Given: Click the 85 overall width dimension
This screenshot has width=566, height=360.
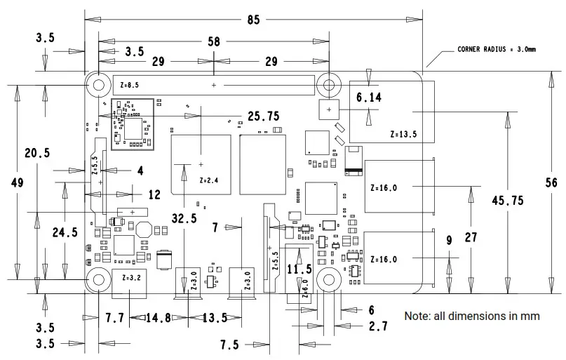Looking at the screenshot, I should click(x=253, y=20).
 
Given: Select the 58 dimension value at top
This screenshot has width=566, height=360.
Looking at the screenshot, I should click(x=213, y=42).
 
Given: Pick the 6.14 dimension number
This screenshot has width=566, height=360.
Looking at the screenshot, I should click(x=369, y=98).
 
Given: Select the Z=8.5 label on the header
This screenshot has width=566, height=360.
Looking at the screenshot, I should click(x=130, y=85).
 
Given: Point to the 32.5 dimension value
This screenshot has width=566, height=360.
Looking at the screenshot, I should click(x=184, y=218).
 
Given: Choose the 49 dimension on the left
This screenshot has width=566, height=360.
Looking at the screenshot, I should click(x=18, y=182).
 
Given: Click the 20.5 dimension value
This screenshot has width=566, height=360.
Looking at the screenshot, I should click(x=36, y=153).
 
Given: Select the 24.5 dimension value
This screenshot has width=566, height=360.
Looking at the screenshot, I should click(x=65, y=232).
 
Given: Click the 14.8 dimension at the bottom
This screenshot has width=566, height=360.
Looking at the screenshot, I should click(x=158, y=318).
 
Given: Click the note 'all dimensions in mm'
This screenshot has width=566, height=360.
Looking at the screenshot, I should click(x=471, y=316).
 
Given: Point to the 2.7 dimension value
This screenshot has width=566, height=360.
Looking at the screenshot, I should click(x=378, y=326).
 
